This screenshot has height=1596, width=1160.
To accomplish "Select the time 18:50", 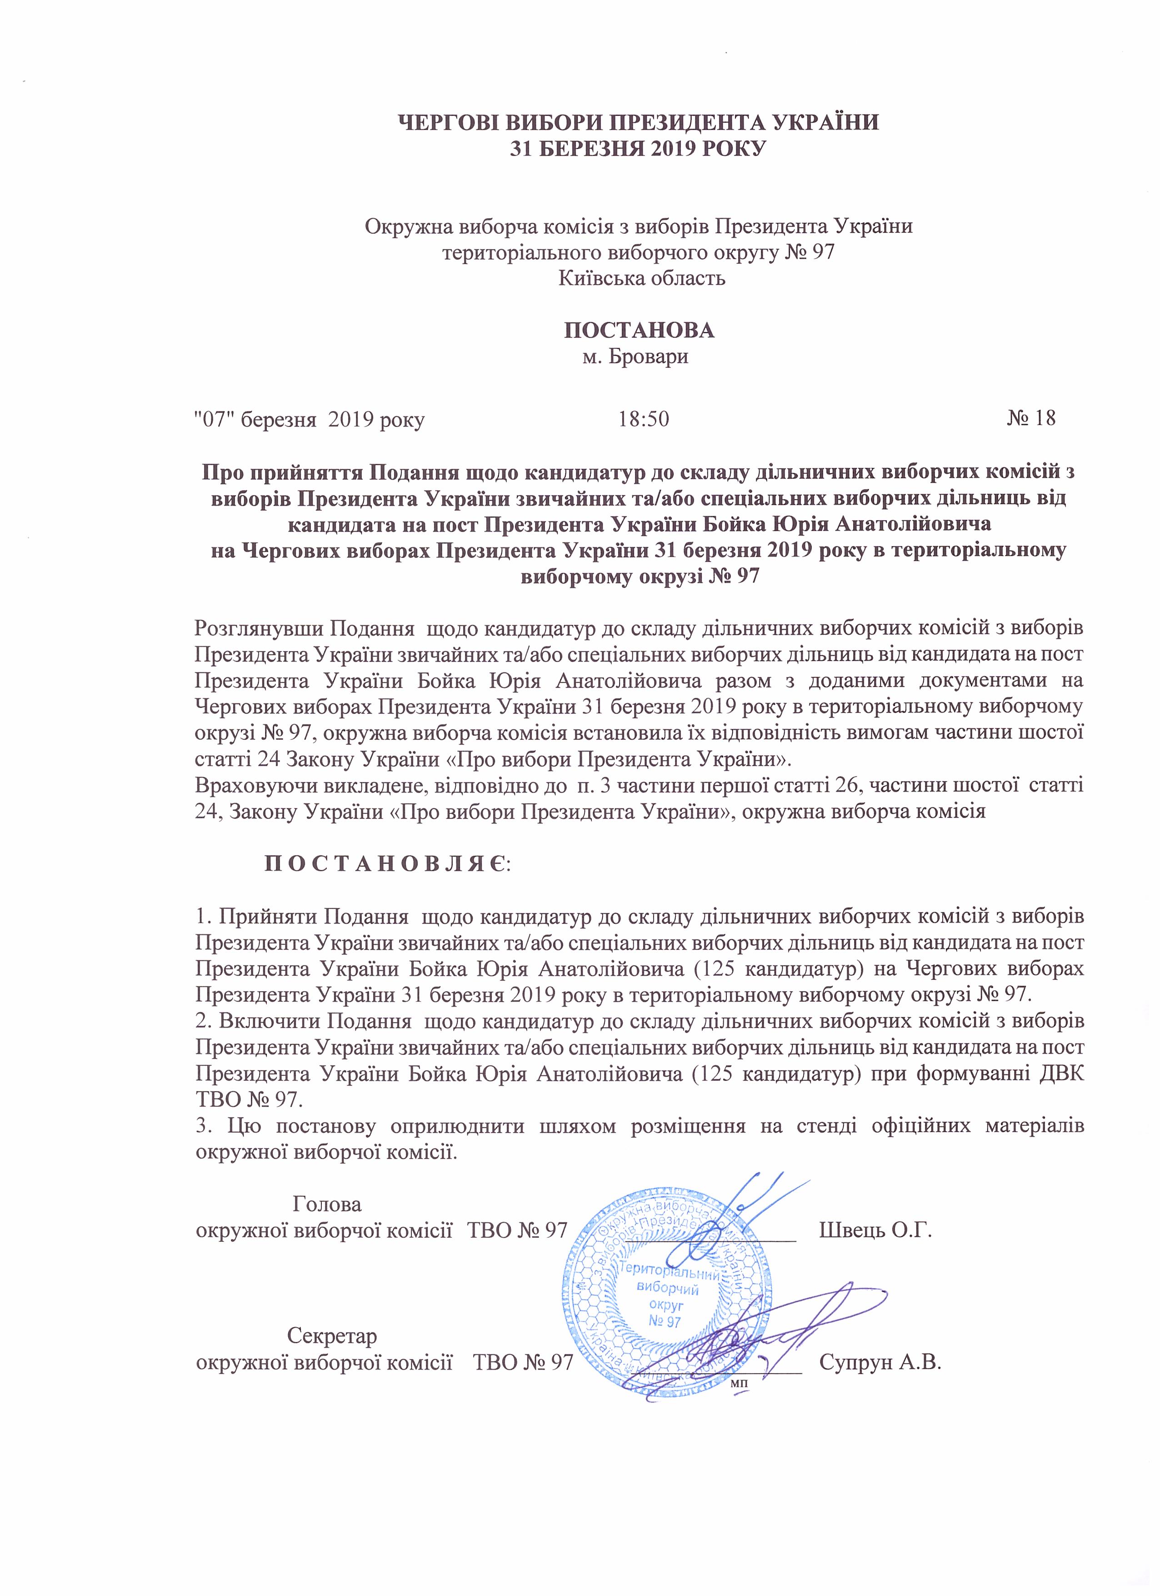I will [x=644, y=419].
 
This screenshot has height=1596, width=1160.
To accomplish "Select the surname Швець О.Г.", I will [x=876, y=1230].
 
